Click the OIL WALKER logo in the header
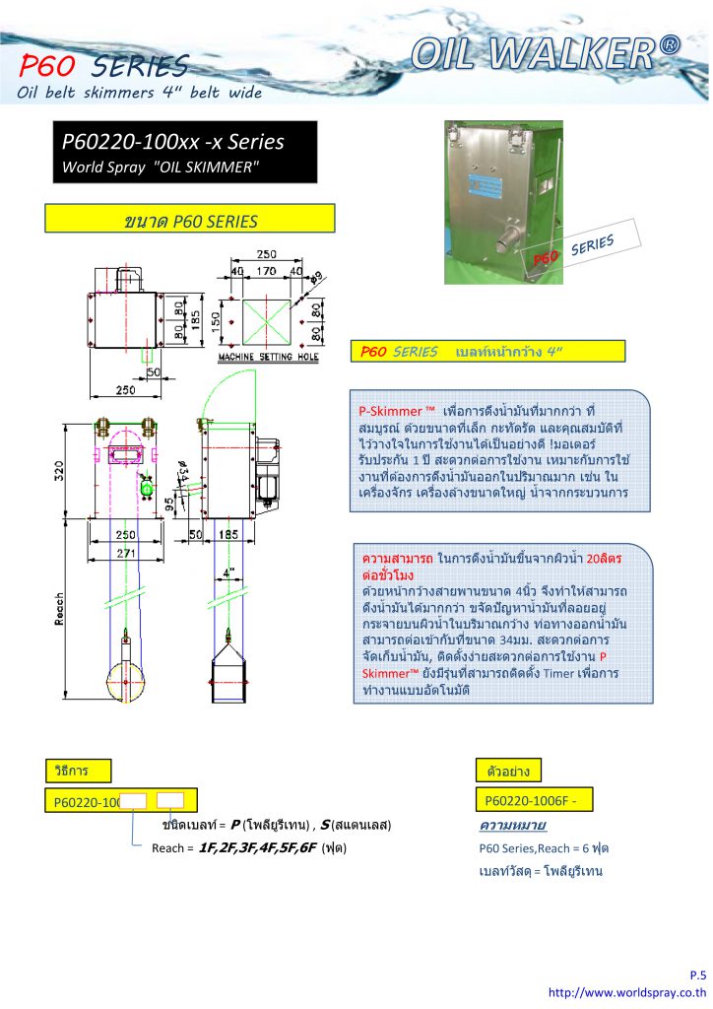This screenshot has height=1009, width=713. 545,52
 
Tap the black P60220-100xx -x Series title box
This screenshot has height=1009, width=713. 185,153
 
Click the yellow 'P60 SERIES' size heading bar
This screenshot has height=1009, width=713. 190,219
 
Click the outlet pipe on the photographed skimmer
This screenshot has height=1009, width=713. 515,238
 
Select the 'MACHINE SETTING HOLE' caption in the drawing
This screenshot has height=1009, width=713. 268,357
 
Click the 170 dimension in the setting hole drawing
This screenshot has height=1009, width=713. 266,269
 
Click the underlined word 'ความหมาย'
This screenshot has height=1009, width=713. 512,824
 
